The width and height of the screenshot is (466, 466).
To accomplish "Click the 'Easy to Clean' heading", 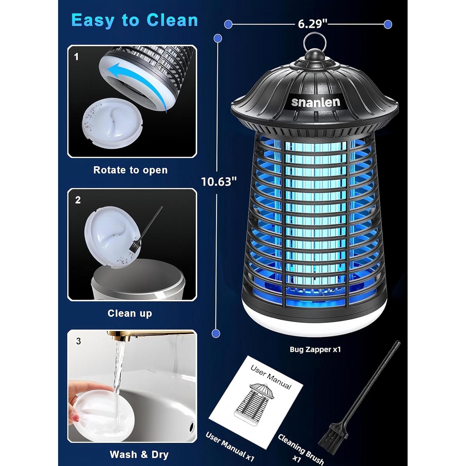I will click(x=135, y=21).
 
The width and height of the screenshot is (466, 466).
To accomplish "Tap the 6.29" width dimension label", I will click(x=313, y=24).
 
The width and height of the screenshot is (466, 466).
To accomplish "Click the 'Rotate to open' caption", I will click(x=130, y=170).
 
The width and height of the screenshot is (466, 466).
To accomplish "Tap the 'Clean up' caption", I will click(x=130, y=313).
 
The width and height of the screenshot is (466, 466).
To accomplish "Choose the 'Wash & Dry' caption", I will click(x=139, y=455).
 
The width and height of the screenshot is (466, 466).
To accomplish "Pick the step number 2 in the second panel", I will click(x=78, y=200).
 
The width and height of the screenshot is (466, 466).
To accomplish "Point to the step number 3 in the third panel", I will click(x=78, y=341).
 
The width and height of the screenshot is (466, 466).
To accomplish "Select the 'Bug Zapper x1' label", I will click(x=315, y=349).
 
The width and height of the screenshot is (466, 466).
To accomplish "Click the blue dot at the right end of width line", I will click(x=388, y=24).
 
